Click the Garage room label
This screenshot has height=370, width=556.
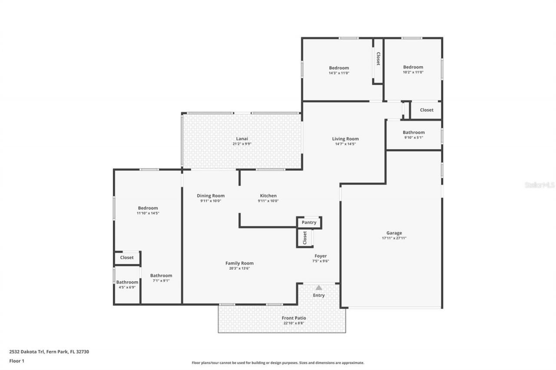pyautogui.click(x=394, y=233)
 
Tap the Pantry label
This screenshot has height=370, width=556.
pyautogui.click(x=309, y=223)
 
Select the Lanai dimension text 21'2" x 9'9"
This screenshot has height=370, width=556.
pyautogui.click(x=242, y=144)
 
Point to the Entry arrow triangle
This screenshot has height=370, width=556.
pyautogui.click(x=319, y=288)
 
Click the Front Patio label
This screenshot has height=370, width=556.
pyautogui.click(x=295, y=318)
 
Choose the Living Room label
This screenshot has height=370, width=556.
pyautogui.click(x=345, y=139)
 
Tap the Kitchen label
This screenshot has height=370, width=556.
pyautogui.click(x=268, y=196)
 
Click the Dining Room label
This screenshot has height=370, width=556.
pyautogui.click(x=211, y=196)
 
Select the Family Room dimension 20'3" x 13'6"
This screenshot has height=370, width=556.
pyautogui.click(x=239, y=268)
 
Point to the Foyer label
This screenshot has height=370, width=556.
pyautogui.click(x=321, y=256)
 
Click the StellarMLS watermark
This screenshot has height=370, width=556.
pyautogui.click(x=540, y=185)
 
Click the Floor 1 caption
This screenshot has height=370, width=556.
pyautogui.click(x=17, y=360)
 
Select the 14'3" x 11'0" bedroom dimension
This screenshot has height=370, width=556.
pyautogui.click(x=339, y=73)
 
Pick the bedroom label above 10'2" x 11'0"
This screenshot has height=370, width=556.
pyautogui.click(x=413, y=67)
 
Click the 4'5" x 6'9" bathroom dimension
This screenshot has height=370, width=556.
pyautogui.click(x=127, y=287)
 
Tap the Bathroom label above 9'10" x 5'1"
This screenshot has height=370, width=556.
pyautogui.click(x=414, y=132)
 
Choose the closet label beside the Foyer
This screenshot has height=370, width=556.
pyautogui.click(x=305, y=237)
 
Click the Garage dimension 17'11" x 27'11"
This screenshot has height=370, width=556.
pyautogui.click(x=394, y=238)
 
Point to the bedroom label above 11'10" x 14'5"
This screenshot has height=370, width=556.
pyautogui.click(x=148, y=208)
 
